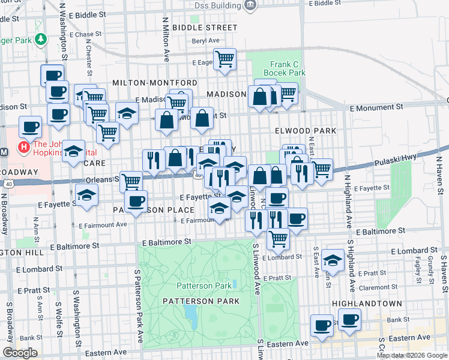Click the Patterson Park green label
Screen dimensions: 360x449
(203, 286)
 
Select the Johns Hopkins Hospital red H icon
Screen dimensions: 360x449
(24, 147)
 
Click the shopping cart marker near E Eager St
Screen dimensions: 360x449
(224, 59)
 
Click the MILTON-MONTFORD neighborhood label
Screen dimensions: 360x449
(154, 82)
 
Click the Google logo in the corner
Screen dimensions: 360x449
(20, 353)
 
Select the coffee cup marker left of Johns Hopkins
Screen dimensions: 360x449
(30, 127)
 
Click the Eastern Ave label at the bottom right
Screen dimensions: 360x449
(412, 338)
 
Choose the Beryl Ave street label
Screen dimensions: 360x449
(205, 41)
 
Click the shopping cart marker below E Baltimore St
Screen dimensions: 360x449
(278, 238)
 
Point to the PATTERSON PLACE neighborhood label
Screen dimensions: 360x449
(154, 210)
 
